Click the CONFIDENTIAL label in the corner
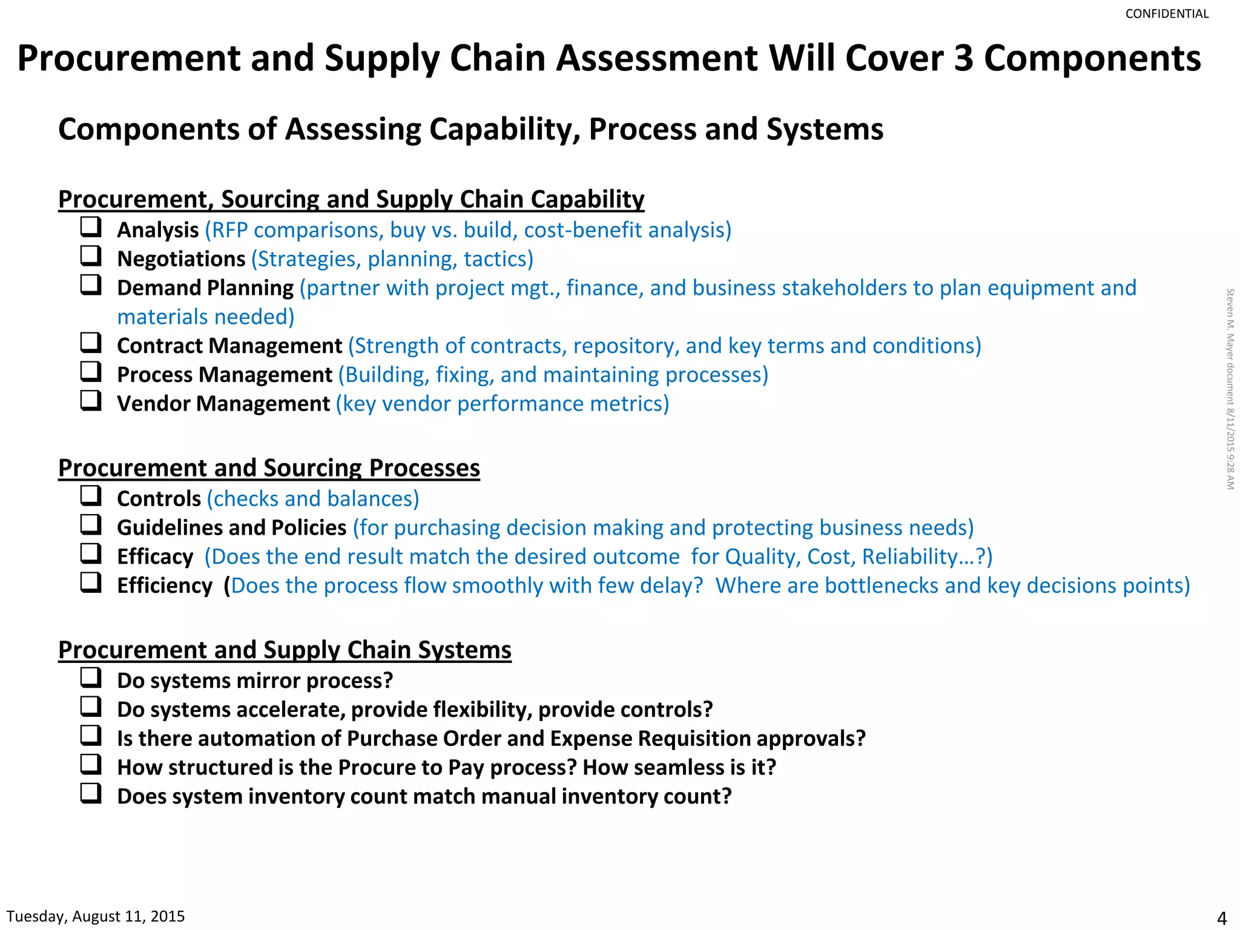click(1166, 14)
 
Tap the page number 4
click(1221, 918)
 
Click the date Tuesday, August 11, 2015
click(96, 916)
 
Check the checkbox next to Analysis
click(91, 227)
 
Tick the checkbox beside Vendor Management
click(91, 401)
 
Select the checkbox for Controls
click(91, 496)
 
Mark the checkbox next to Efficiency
click(91, 582)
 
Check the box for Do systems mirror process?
click(91, 678)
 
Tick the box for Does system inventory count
click(91, 793)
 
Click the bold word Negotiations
click(181, 259)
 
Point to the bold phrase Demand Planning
click(205, 288)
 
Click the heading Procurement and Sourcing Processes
click(269, 468)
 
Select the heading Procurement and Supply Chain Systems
click(285, 650)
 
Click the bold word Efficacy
click(155, 557)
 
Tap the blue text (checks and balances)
click(313, 499)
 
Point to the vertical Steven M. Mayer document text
click(1230, 389)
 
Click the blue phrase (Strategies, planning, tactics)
click(392, 259)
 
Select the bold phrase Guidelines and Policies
click(231, 528)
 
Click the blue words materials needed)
click(206, 317)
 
